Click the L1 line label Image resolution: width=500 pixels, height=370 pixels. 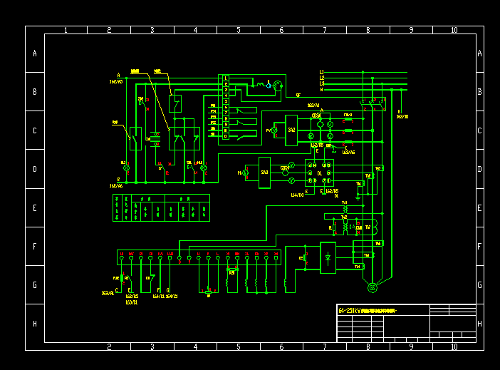click(x=322, y=72)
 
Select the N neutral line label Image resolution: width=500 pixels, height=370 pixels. click(x=322, y=90)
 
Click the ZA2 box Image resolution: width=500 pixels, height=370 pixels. click(x=291, y=130)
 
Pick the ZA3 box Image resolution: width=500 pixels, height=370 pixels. click(x=264, y=173)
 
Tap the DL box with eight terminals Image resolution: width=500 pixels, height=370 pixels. click(x=319, y=173)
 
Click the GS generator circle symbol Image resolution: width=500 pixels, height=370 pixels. click(x=372, y=287)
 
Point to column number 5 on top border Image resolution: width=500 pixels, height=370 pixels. click(x=239, y=30)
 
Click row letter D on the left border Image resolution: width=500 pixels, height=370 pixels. click(x=34, y=169)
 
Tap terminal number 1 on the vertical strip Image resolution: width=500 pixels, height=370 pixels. click(x=226, y=77)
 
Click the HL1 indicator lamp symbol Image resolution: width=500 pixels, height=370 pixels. click(x=127, y=168)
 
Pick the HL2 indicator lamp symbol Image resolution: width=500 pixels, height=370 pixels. click(x=204, y=168)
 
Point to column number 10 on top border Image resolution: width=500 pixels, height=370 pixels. click(x=454, y=30)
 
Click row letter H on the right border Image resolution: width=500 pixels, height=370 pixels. click(x=479, y=323)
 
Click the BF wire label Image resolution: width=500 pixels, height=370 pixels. click(x=298, y=94)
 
